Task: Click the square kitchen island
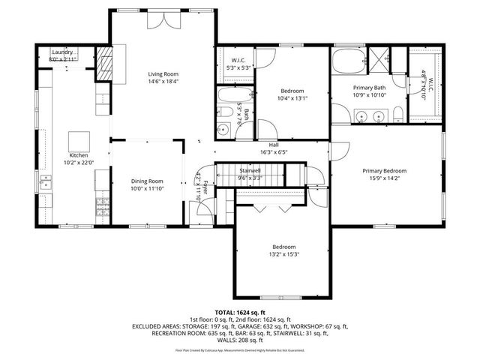click(x=79, y=141)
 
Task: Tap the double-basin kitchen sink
click(x=46, y=182)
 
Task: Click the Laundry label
click(x=62, y=52)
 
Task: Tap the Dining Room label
click(x=146, y=181)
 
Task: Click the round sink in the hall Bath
click(x=223, y=130)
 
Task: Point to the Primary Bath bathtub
click(x=348, y=61)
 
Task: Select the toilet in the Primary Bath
click(x=399, y=114)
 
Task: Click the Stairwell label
click(x=249, y=172)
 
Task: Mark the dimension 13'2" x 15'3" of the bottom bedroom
click(x=283, y=254)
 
